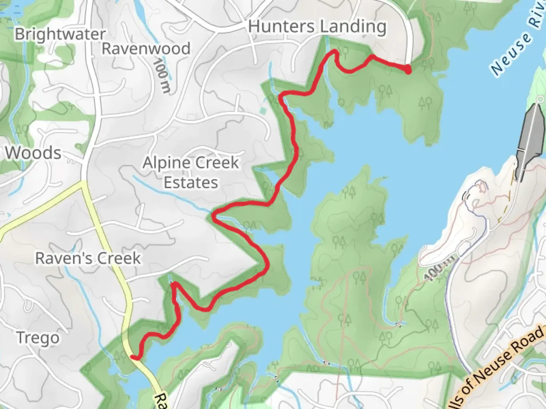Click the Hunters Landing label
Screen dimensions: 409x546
click(x=317, y=27)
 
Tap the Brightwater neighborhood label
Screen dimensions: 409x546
click(x=60, y=34)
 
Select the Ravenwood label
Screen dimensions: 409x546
click(x=146, y=48)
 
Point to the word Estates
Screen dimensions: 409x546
click(x=191, y=183)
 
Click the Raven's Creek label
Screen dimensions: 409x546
click(x=88, y=258)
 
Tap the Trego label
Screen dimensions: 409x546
click(x=38, y=337)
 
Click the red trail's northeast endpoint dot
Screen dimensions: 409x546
click(x=408, y=70)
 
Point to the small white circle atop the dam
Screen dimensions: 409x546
click(x=540, y=99)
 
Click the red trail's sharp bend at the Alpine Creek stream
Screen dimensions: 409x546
click(x=214, y=216)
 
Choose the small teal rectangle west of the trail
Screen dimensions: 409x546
click(x=263, y=111)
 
